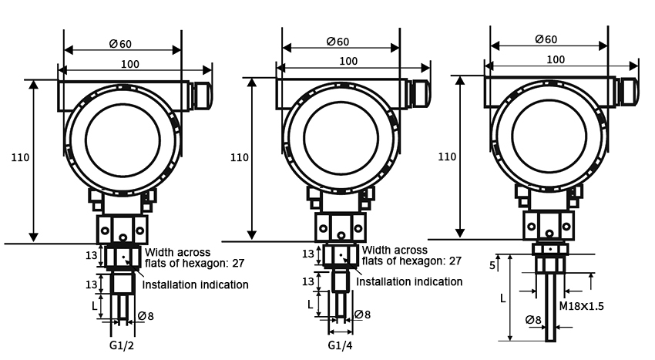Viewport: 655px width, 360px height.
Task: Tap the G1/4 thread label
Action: pyautogui.click(x=341, y=344)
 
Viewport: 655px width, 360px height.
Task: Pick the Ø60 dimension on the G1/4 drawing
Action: pyautogui.click(x=338, y=41)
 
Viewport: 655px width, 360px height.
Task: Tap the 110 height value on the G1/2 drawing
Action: pyautogui.click(x=21, y=157)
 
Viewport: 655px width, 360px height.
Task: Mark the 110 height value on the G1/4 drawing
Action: pyautogui.click(x=240, y=157)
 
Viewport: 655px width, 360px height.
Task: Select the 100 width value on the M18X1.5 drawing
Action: pyautogui.click(x=555, y=59)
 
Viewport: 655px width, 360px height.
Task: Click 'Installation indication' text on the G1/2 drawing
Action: pyautogui.click(x=195, y=284)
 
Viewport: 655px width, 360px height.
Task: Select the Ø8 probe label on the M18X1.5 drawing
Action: pyautogui.click(x=532, y=320)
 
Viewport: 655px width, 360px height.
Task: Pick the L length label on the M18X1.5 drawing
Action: pyautogui.click(x=504, y=297)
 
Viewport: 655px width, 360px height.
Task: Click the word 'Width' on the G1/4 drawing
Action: pyautogui.click(x=378, y=250)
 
